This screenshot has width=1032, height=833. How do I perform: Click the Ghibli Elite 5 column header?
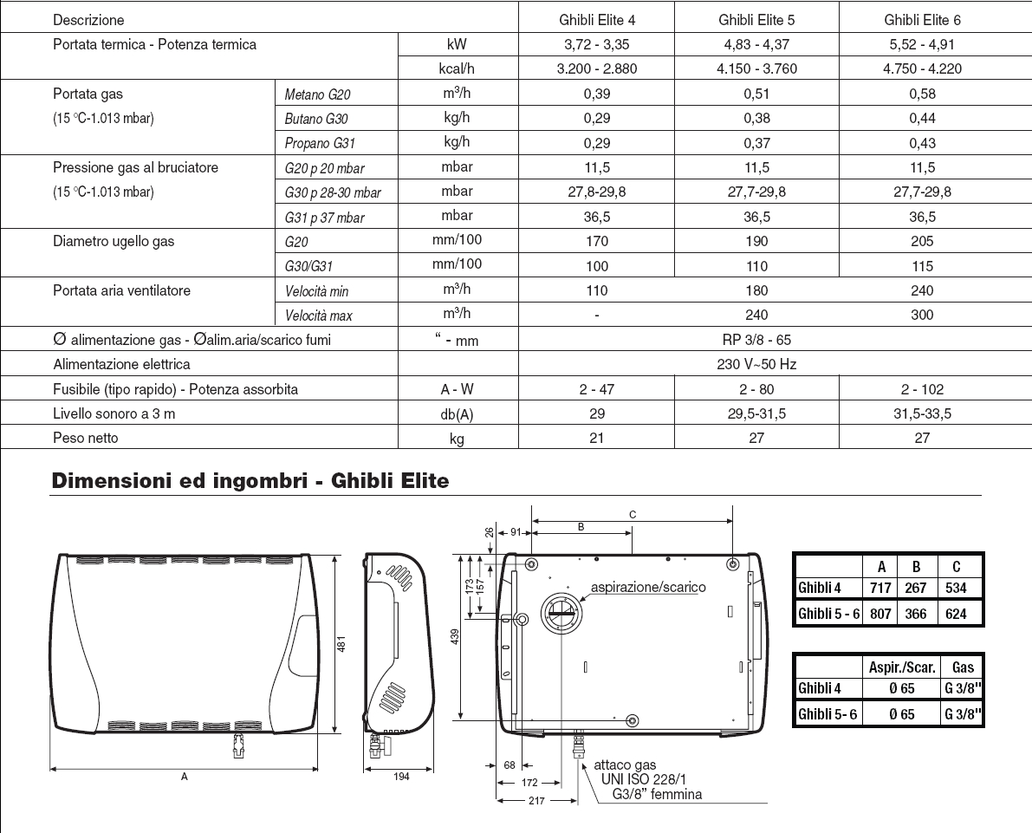756,20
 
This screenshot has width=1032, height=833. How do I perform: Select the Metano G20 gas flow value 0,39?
597,94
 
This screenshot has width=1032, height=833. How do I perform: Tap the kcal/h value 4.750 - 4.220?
922,68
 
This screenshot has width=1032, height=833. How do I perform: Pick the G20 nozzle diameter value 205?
922,242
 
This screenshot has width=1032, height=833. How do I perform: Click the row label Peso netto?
86,438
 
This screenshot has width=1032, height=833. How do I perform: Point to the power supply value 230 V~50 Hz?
756,364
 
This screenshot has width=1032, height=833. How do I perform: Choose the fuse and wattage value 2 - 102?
922,389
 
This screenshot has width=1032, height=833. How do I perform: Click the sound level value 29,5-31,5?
756,413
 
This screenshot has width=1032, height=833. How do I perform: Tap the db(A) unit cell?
457,414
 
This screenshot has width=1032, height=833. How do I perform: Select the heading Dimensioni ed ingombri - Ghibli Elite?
250,480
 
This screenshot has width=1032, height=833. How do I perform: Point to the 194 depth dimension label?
400,777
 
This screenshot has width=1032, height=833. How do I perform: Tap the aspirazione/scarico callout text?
648,587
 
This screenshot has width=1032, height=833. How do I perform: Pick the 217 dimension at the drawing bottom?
535,801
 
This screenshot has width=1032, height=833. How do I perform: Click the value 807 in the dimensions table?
880,613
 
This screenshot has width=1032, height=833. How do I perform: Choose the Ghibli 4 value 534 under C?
956,588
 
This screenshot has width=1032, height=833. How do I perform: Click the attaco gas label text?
625,765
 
